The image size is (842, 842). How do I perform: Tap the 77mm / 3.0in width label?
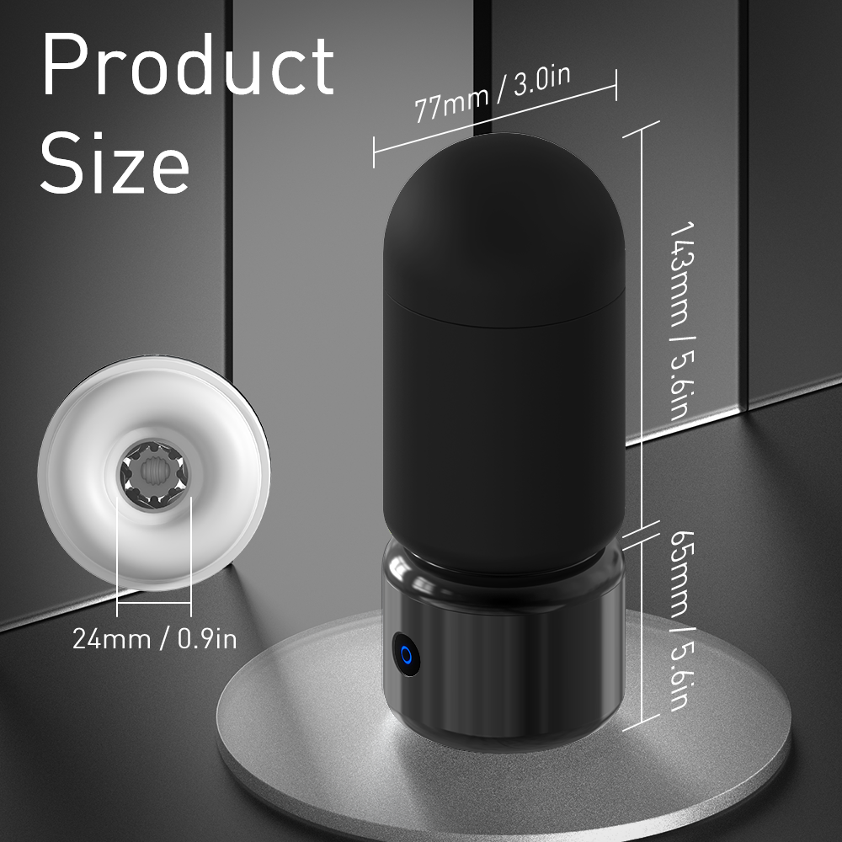493,93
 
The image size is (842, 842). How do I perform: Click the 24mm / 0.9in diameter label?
154,638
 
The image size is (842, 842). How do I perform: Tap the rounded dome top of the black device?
504,210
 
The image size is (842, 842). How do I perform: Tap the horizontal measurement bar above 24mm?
154,602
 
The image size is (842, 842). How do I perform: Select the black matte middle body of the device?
504,421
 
